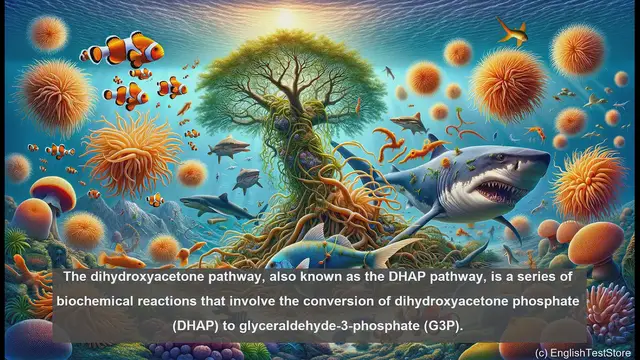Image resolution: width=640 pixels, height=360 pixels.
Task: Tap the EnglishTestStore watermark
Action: click(582, 352)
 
